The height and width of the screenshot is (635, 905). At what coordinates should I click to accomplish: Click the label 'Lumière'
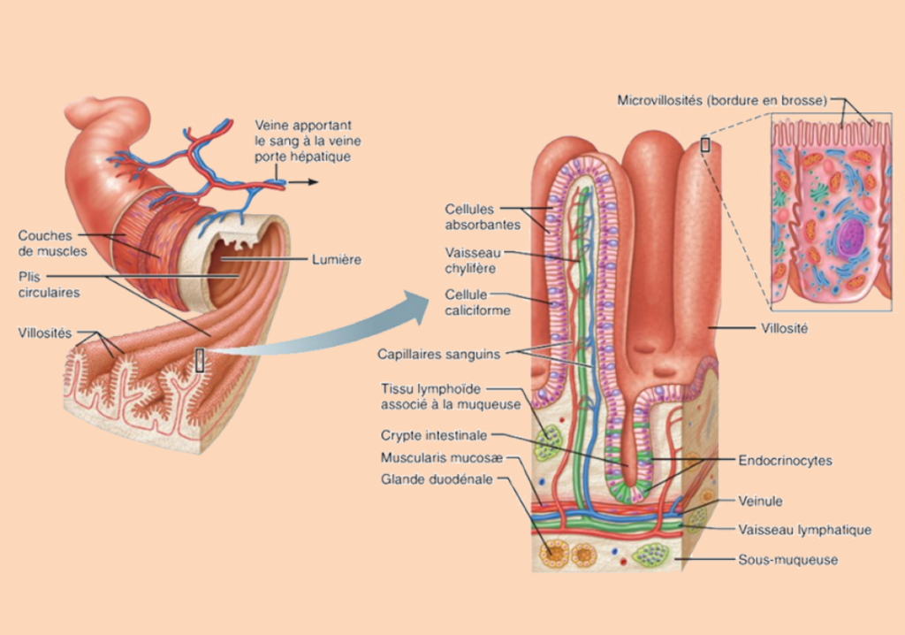[x=337, y=259]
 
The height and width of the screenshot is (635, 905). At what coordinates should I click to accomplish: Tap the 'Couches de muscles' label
[x=52, y=243]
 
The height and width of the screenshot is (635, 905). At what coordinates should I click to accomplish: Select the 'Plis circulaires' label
[x=49, y=283]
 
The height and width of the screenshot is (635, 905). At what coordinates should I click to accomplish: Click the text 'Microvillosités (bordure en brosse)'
[x=722, y=101]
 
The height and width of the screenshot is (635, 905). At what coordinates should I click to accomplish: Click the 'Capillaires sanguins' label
[x=438, y=354]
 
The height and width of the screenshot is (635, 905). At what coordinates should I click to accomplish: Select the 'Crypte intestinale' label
[x=436, y=435]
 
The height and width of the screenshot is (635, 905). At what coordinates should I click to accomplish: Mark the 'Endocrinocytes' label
[x=785, y=461]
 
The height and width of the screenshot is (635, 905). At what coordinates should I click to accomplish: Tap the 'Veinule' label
[x=760, y=501]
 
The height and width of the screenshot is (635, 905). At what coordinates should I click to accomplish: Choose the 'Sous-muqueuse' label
[x=787, y=559]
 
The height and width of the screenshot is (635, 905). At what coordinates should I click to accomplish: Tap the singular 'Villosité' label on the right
[x=785, y=326]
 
